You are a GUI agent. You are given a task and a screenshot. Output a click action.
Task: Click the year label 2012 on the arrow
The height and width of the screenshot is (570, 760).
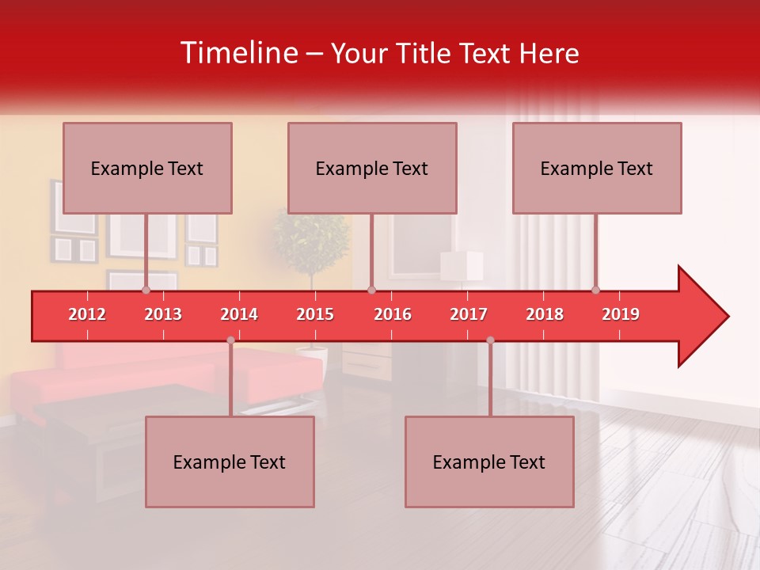(87, 314)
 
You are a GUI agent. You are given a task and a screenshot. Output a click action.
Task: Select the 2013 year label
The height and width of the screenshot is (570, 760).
(163, 314)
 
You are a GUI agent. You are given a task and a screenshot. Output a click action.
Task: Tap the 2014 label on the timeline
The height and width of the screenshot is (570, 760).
(239, 314)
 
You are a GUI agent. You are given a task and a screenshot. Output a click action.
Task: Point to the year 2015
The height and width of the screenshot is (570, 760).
(315, 314)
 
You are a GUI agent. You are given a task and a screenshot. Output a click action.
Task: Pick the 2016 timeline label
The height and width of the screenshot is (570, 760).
(393, 314)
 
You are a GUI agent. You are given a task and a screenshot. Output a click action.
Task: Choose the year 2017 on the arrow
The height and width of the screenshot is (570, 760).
(469, 314)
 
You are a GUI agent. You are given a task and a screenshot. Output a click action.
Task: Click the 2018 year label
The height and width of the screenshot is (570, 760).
(545, 314)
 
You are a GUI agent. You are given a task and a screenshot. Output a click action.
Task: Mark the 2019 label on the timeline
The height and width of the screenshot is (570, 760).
(621, 314)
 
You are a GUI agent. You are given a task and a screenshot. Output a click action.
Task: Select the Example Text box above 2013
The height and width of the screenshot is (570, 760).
(147, 168)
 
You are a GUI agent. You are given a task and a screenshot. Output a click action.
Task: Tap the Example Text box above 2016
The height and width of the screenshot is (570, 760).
(372, 168)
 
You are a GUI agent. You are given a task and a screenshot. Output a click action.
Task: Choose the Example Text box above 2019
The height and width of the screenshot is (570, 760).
(597, 168)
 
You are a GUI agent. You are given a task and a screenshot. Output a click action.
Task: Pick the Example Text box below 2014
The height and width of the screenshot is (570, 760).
(230, 462)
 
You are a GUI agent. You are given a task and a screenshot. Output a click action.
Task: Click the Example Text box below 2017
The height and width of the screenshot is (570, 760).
(489, 462)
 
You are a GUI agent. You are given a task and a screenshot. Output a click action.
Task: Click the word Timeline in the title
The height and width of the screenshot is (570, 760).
(237, 53)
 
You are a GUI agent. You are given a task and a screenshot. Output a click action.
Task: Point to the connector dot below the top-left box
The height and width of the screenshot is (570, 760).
(146, 290)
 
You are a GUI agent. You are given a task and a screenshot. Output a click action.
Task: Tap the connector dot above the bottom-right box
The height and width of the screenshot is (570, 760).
(490, 340)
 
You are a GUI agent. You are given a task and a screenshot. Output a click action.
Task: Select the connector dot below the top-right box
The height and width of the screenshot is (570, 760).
(595, 290)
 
